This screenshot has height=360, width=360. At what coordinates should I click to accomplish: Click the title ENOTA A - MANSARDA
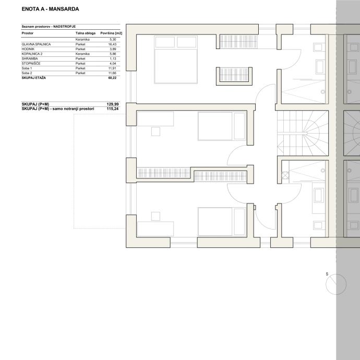pos(50,9)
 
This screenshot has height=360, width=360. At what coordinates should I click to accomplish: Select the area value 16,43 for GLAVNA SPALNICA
pos(112,44)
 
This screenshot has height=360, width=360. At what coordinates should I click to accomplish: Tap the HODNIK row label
pos(28,49)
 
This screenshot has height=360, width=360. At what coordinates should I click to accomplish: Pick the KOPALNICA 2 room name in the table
pos(32,54)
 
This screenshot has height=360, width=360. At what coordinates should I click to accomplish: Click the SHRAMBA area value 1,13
pos(113,59)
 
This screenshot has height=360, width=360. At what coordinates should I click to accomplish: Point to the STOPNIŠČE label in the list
pos(31,63)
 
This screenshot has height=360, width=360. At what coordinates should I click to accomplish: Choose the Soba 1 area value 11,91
pos(112,68)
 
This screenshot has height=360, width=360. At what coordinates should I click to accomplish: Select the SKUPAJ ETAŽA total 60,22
pos(112,78)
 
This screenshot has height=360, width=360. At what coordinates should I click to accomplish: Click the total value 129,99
pos(113,104)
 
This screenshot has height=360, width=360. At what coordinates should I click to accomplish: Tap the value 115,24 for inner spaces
pos(113,109)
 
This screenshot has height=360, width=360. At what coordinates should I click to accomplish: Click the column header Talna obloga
pos(86,33)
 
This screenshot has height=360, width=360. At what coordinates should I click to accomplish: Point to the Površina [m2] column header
pos(111,33)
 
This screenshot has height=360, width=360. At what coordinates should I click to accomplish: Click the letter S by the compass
pos(327,274)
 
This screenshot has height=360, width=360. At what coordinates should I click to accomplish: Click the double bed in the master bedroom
pos(176,59)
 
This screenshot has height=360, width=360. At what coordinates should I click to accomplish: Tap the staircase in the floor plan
pos(303,133)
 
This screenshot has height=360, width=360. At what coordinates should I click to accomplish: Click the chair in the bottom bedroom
pos(155,217)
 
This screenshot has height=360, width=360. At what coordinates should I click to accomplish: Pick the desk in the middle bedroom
pos(155,119)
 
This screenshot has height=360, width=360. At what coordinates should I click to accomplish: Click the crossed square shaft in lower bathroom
pos(285,176)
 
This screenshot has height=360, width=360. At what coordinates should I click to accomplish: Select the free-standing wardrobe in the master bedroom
pos(234,76)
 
